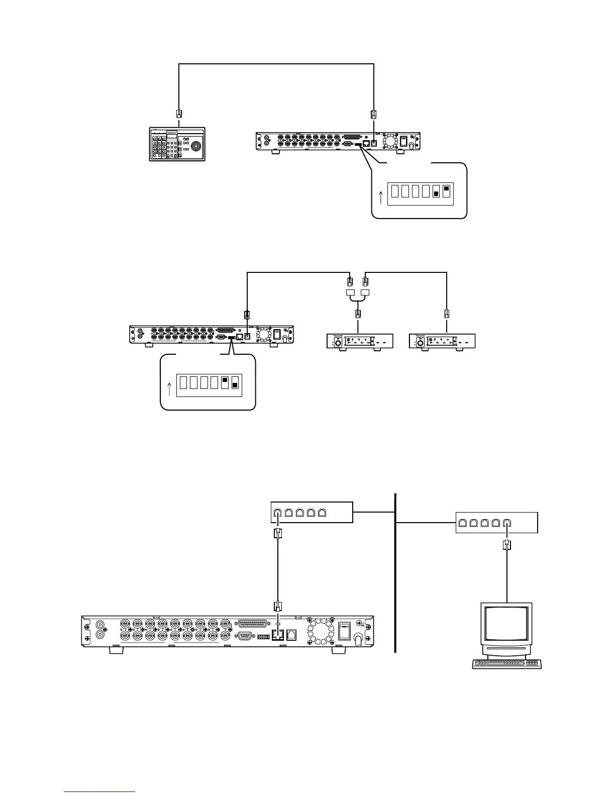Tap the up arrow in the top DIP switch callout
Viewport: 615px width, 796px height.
(x=380, y=197)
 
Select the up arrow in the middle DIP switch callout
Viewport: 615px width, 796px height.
(x=169, y=388)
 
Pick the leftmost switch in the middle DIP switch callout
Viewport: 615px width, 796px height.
(x=183, y=383)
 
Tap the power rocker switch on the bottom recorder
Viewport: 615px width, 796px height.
(x=344, y=631)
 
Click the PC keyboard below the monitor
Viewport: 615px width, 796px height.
(x=506, y=664)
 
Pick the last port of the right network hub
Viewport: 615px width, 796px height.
(x=507, y=523)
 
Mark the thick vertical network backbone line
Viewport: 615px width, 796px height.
(x=396, y=573)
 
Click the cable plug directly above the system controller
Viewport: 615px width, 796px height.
(x=179, y=114)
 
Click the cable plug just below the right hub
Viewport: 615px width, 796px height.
(x=507, y=545)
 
